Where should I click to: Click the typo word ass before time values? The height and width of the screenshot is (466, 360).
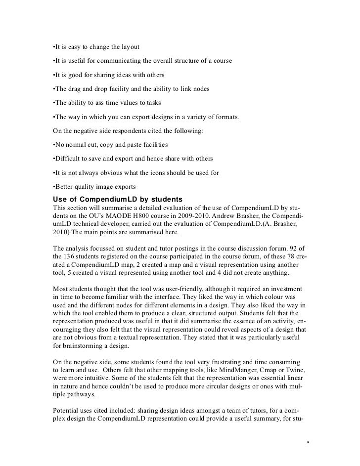pos(97,103)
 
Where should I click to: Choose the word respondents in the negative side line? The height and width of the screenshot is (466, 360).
pos(119,131)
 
